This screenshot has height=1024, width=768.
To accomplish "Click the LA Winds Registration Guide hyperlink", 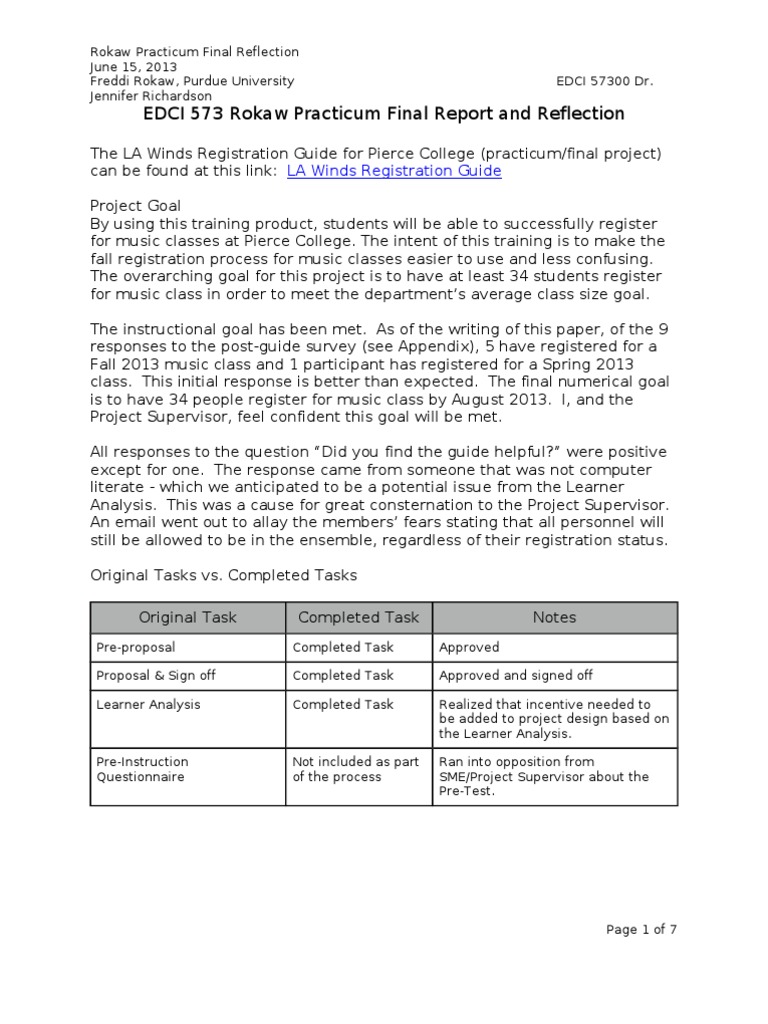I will coord(394,171).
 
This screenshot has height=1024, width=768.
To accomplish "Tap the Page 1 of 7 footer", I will coord(642,929).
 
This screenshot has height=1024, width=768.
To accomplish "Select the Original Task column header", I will coord(188,617).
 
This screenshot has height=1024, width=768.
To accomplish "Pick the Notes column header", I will coord(554,617).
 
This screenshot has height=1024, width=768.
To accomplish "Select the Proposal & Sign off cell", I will coord(155,675).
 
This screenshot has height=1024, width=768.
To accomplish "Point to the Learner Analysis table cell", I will coord(148,704).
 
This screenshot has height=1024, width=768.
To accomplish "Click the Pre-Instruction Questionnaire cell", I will coord(141,769).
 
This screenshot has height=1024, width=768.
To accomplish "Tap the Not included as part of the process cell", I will coord(355,769).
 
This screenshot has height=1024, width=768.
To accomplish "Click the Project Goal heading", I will coord(136,206).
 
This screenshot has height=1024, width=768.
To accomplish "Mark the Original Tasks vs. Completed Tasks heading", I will coord(223,576).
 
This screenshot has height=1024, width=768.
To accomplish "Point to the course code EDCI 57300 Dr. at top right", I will coord(604,81).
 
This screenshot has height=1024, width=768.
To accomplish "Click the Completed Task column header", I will coord(359,617).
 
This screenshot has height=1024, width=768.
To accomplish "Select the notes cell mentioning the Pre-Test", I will coord(544,776).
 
